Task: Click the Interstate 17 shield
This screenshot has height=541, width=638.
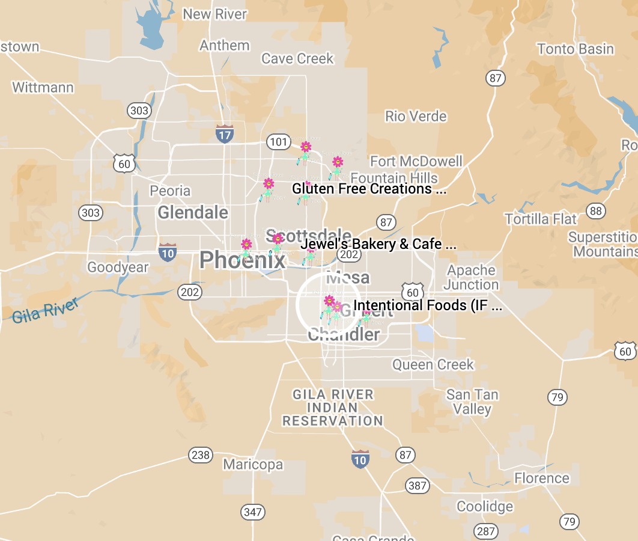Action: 224,133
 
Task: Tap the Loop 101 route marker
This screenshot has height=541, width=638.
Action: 278,142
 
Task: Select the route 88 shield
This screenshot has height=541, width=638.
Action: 596,210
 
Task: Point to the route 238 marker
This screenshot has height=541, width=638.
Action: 200,455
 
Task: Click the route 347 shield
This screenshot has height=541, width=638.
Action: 253,512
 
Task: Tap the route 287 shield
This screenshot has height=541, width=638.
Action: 485,531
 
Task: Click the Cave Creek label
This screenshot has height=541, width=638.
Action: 297,58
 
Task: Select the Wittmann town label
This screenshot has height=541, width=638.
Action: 43,87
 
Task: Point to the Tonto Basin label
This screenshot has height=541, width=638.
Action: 576,49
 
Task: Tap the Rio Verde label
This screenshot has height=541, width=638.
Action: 416,116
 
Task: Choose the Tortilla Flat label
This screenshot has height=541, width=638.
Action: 541,219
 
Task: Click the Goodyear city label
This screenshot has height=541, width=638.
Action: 118,267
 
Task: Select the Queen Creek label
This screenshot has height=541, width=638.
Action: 433,364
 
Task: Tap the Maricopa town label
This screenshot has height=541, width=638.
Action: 253,465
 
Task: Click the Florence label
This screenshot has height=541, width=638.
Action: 541,478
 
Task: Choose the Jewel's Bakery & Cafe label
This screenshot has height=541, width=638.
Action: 379,244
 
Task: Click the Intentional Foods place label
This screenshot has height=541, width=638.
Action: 428,305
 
